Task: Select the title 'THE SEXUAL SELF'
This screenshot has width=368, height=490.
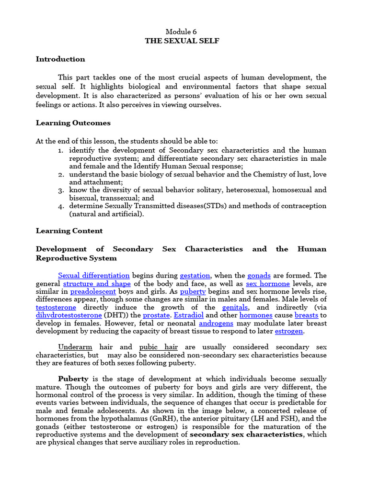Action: (182, 41)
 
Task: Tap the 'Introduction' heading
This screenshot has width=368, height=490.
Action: (60, 59)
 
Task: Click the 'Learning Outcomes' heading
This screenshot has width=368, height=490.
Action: (73, 123)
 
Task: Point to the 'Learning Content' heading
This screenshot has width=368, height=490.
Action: (69, 231)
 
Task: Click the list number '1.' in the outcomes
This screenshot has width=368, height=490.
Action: (61, 150)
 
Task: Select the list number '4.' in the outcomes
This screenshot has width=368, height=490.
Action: (61, 206)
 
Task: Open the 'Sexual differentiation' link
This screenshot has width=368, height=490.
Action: (94, 276)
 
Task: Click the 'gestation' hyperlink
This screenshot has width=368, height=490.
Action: (195, 276)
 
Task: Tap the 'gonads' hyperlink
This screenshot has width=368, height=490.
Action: (259, 276)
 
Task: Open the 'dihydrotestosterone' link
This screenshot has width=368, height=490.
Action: (69, 316)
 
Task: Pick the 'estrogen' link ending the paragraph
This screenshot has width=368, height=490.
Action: (289, 331)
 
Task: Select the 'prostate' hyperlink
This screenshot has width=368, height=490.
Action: (157, 316)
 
